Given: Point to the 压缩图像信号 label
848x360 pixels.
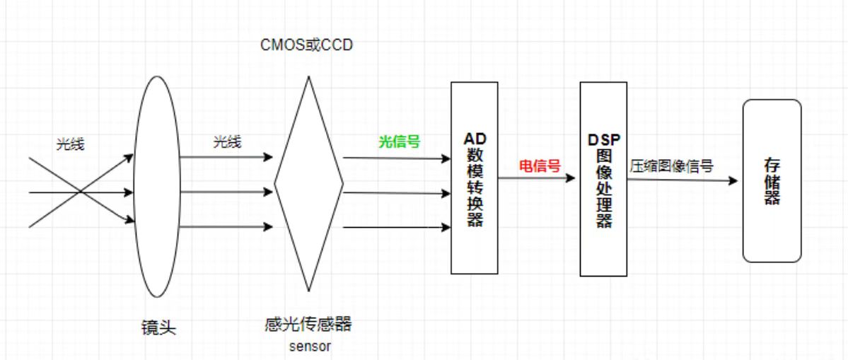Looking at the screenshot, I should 671,167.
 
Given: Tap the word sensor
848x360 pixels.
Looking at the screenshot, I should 310,347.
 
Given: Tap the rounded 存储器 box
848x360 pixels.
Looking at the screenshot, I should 772,226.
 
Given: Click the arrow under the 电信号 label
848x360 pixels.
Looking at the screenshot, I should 537,178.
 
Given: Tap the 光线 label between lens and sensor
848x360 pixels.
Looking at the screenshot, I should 227,142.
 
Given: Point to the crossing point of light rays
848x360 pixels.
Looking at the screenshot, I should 81,191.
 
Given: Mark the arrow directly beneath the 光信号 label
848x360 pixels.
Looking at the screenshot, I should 396,158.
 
